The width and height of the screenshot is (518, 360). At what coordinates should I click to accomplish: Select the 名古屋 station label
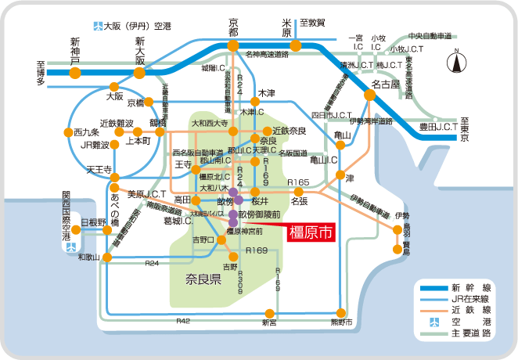pos(386,83)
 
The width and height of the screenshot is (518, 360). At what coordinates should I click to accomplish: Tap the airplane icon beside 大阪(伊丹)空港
pos(97,25)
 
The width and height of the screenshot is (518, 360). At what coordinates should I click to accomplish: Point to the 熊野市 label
pos(338,322)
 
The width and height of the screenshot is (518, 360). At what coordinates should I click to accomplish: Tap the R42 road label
pos(183,321)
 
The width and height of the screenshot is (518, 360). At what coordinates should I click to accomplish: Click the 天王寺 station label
pos(99,169)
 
